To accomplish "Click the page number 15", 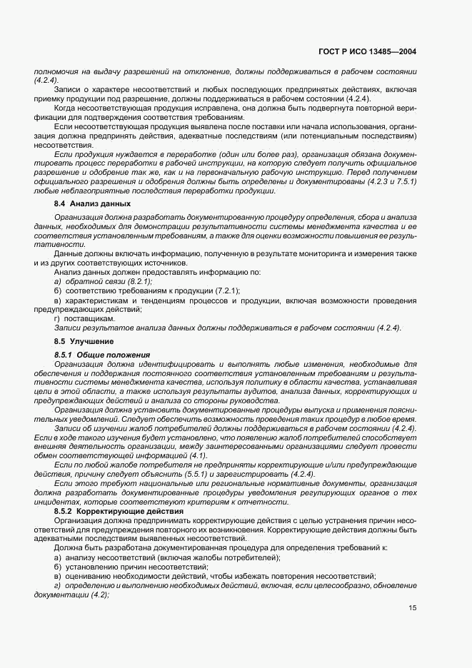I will pos(412,608).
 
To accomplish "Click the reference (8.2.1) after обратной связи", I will pos(136,282).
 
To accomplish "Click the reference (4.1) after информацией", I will pos(196,456).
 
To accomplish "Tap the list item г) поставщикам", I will pos(79,318).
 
